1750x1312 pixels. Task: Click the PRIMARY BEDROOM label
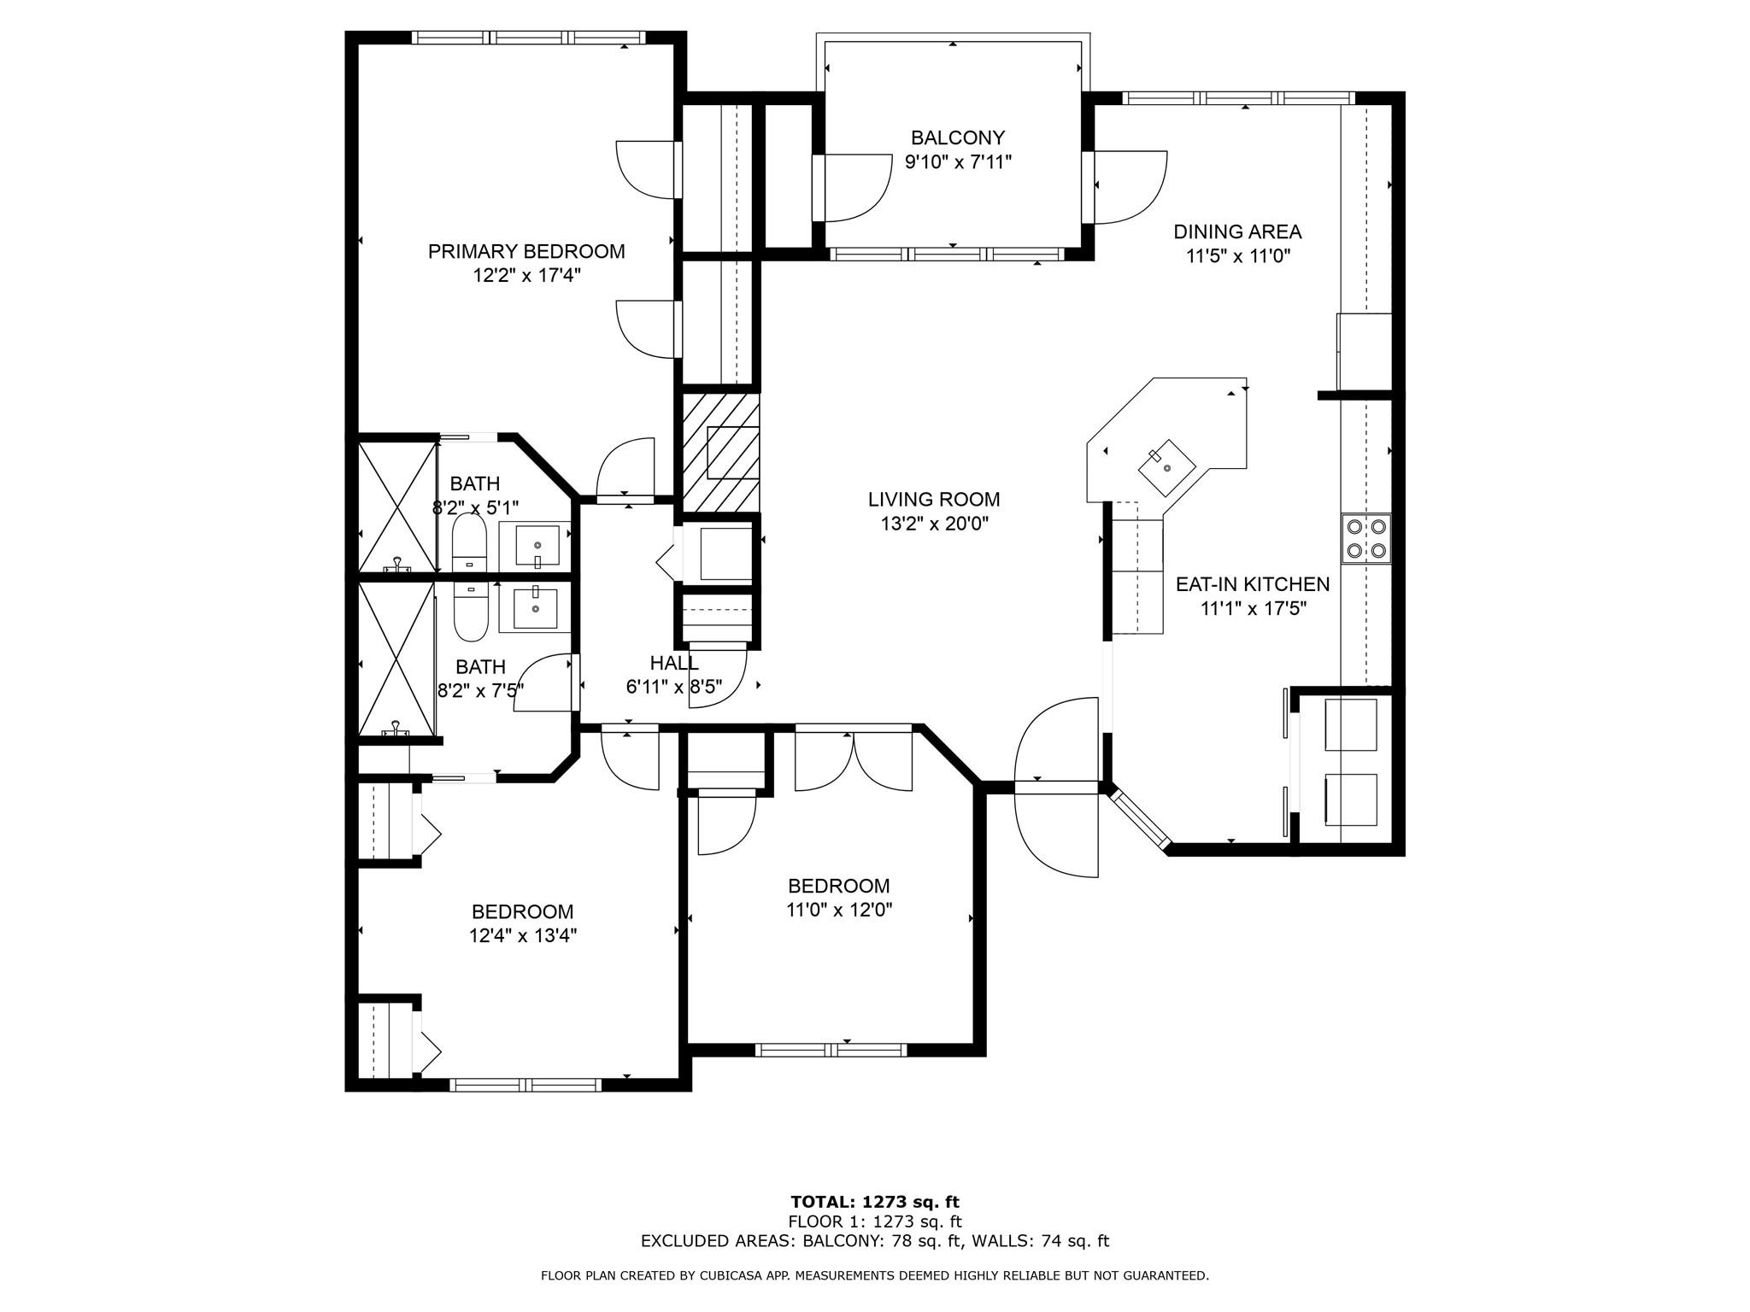(526, 252)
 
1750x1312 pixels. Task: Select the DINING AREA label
(1237, 231)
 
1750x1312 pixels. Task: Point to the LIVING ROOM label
(934, 500)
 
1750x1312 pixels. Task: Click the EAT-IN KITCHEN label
(1253, 584)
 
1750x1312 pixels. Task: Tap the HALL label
(674, 663)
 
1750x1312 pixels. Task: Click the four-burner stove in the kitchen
(1365, 539)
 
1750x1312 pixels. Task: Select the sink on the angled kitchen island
(1167, 468)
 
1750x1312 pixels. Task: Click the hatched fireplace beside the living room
(720, 453)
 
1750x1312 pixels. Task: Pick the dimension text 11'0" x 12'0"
(839, 911)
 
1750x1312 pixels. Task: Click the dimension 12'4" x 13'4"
(523, 936)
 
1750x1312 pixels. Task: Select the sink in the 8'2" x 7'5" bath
(535, 609)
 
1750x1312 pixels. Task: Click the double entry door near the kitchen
(1056, 788)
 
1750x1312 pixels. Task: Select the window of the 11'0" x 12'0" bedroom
(831, 1050)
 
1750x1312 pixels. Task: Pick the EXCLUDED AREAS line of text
(875, 1241)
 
